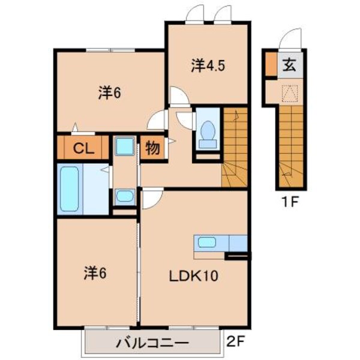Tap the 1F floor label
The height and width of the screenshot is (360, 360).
[x=291, y=202]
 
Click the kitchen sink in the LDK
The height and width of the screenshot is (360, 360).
[x=207, y=243]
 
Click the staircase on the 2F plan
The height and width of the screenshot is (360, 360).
[x=235, y=147]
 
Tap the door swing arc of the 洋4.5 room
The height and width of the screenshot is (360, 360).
[x=178, y=95]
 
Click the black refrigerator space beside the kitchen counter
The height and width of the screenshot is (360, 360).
[x=236, y=257]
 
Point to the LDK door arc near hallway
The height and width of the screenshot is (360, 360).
[x=150, y=197]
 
